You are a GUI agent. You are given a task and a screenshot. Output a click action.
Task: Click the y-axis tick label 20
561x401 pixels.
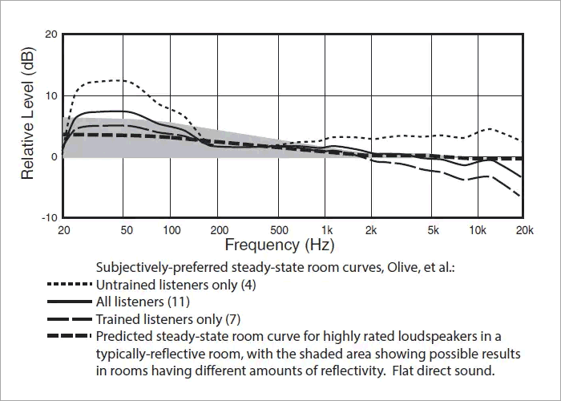coord(51,34)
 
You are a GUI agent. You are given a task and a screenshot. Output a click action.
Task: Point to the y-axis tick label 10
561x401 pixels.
coord(51,95)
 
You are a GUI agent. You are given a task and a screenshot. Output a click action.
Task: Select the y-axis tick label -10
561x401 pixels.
coord(49,217)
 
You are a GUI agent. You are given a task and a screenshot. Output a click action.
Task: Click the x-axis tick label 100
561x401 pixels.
coord(172,229)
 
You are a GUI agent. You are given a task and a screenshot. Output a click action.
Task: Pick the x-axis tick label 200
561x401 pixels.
coord(220,229)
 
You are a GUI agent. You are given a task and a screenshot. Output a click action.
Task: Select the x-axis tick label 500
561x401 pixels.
coord(280,229)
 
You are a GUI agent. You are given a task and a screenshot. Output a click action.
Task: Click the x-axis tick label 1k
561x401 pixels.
coord(326,229)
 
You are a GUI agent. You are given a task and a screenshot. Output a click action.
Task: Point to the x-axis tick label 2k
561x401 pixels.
coord(372,229)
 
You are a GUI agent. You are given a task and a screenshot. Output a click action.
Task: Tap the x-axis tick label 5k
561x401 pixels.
coord(433,229)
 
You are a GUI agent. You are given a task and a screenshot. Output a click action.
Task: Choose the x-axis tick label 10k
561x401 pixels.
coord(478,229)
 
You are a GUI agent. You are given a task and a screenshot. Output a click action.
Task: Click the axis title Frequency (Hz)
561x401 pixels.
coord(280,244)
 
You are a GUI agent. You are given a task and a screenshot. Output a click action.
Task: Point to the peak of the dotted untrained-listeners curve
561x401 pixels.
coord(120,80)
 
